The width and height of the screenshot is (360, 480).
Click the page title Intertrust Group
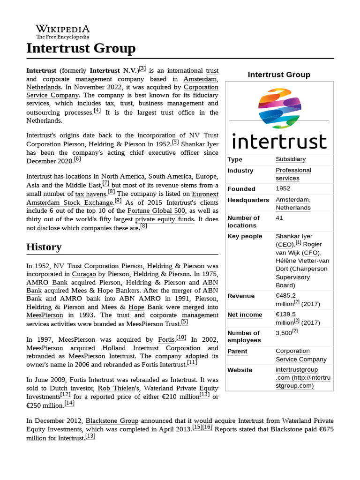pyautogui.click(x=81, y=48)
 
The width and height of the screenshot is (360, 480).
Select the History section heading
pyautogui.click(x=44, y=247)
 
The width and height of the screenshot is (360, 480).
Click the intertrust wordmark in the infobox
pyautogui.click(x=279, y=141)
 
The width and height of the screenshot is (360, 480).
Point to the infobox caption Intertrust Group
pyautogui.click(x=279, y=75)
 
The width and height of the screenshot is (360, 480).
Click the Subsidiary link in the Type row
pyautogui.click(x=290, y=159)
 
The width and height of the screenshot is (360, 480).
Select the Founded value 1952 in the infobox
pyautogui.click(x=283, y=188)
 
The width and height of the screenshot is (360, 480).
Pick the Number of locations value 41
pyautogui.click(x=279, y=218)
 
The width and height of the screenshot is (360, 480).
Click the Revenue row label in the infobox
pyautogui.click(x=241, y=296)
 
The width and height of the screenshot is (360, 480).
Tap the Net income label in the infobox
pyautogui.click(x=245, y=315)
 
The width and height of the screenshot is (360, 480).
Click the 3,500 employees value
pyautogui.click(x=284, y=333)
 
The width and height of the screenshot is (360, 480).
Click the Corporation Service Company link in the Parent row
pyautogui.click(x=301, y=355)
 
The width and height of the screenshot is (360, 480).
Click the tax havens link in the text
pyautogui.click(x=90, y=194)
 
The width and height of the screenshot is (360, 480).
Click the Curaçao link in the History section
pyautogui.click(x=84, y=274)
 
